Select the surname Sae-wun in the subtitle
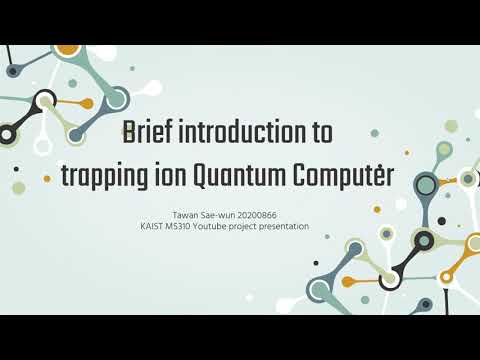[x=222, y=214]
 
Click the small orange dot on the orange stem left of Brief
[x=87, y=103]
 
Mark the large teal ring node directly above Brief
[x=116, y=98]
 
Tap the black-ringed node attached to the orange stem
[x=44, y=100]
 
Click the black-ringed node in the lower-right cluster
[x=423, y=240]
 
